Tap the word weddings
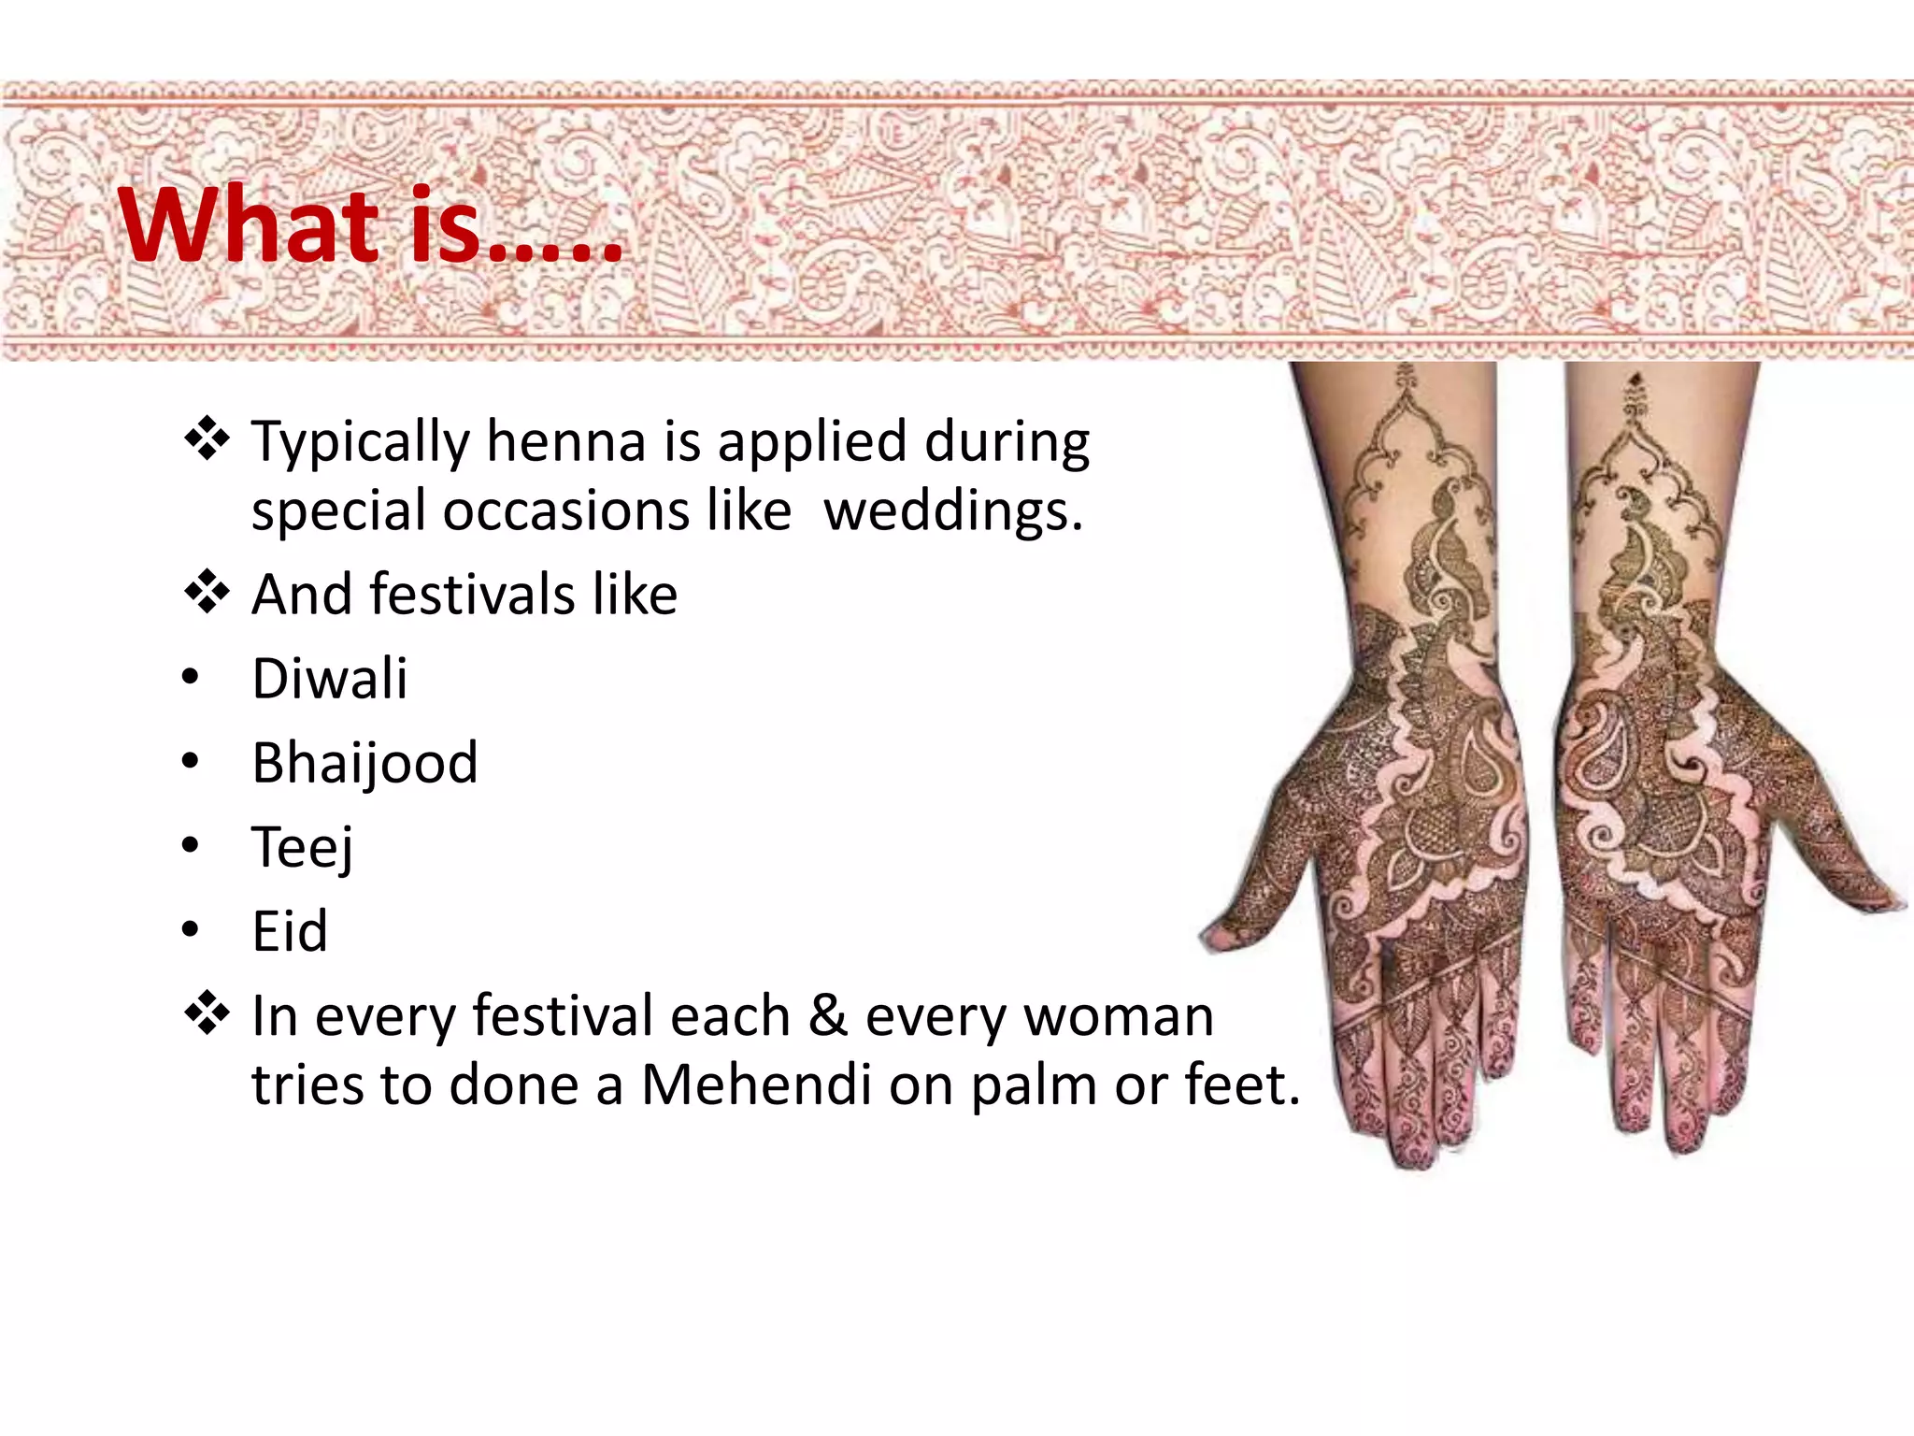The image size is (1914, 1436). [953, 510]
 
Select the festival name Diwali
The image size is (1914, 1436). [330, 678]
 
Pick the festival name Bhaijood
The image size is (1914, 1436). [364, 763]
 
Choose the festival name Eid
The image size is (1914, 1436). [290, 931]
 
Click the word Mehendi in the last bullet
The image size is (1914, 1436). [755, 1084]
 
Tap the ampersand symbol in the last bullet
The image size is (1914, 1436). [827, 1015]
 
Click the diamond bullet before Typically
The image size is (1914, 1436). [207, 439]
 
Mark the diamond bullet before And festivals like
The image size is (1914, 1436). [207, 593]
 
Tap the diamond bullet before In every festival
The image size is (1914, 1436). [207, 1014]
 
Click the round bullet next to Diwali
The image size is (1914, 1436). [191, 678]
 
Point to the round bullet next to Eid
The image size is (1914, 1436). [191, 931]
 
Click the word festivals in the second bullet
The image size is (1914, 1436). [472, 594]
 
